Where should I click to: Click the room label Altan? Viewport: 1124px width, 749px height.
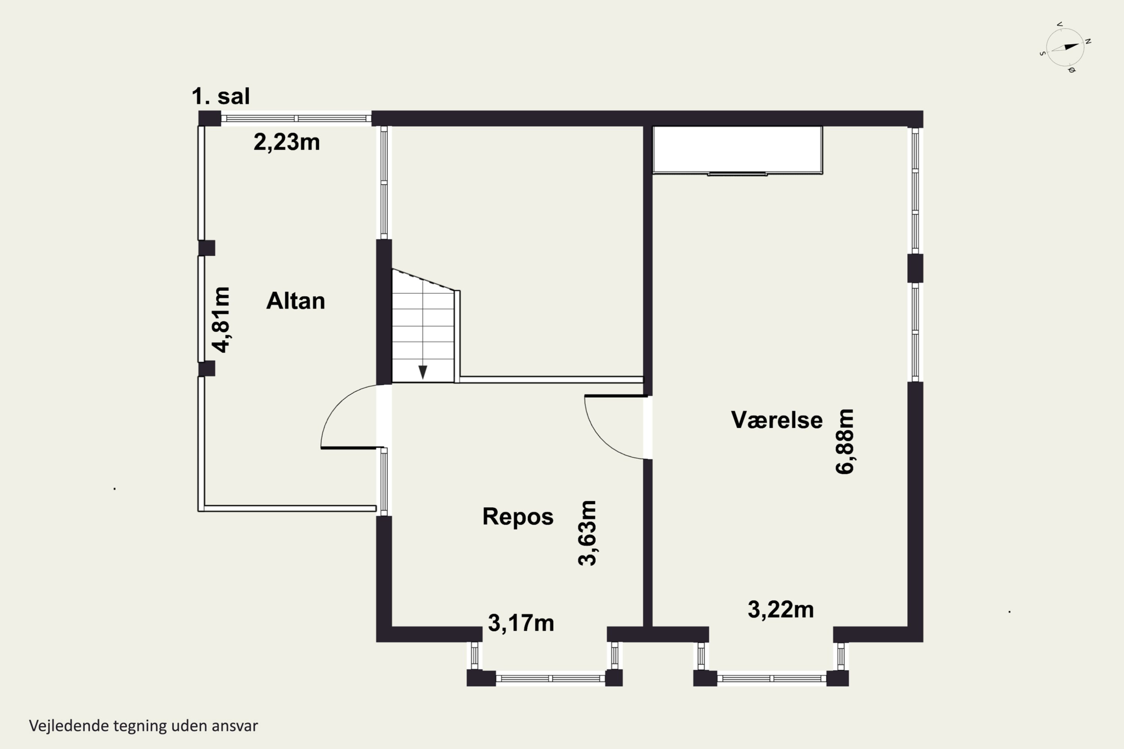tap(295, 301)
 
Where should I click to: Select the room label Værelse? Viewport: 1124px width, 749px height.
tap(777, 420)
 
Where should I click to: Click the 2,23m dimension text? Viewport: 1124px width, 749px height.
tap(286, 142)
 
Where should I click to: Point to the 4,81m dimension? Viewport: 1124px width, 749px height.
tap(221, 319)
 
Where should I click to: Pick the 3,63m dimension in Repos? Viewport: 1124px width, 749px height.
tap(587, 533)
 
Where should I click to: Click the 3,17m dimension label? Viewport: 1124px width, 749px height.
tap(521, 623)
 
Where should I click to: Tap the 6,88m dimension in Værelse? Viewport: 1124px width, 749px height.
tap(844, 442)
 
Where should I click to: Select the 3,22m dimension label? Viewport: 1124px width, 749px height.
tap(780, 610)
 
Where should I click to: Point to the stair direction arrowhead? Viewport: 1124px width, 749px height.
tap(423, 372)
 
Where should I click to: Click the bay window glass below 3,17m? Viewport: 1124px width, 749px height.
tap(550, 678)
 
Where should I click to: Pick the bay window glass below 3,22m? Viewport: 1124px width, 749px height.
tap(772, 678)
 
